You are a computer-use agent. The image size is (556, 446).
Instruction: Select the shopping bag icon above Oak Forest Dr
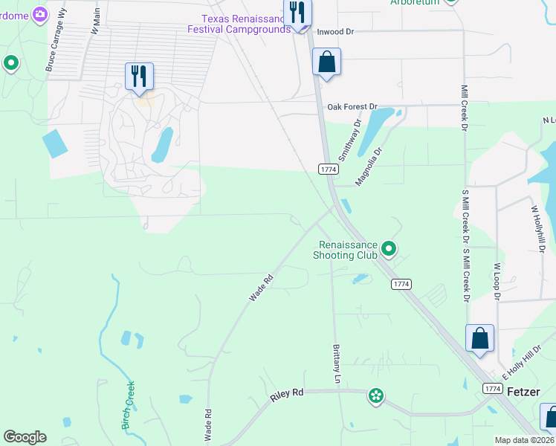click(x=326, y=62)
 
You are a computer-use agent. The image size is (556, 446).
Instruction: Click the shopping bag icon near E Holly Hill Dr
click(x=480, y=339)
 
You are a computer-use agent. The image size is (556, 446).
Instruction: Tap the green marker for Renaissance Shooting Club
click(x=389, y=248)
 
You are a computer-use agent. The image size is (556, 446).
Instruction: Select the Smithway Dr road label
click(x=349, y=141)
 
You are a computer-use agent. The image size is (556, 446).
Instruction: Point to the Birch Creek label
click(x=128, y=405)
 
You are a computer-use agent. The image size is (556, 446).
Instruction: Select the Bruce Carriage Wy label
click(x=56, y=51)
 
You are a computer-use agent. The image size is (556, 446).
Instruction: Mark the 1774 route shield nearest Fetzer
click(x=492, y=389)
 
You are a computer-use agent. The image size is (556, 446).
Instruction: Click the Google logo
click(x=25, y=437)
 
